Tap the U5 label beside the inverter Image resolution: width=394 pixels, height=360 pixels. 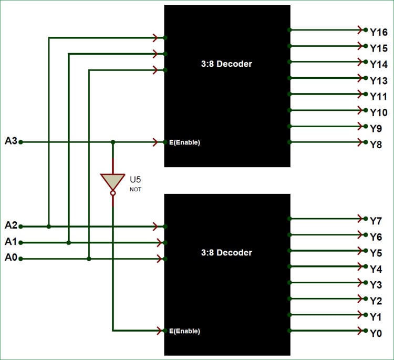[x=136, y=179]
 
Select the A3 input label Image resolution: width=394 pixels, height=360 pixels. [x=11, y=141]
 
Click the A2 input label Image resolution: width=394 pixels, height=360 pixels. [x=11, y=225]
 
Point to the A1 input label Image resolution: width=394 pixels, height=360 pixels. [x=11, y=242]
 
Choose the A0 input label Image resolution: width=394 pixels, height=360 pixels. [x=11, y=258]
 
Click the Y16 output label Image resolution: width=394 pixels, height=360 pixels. [x=378, y=33]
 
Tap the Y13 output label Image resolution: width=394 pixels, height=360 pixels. [x=378, y=80]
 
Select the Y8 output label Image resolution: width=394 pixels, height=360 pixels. [x=376, y=145]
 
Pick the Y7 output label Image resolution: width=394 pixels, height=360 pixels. [x=376, y=221]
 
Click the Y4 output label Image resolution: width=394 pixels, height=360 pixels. [x=376, y=269]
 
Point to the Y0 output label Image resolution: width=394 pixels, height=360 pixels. [x=376, y=333]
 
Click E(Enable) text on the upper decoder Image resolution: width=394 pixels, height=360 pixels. [x=184, y=142]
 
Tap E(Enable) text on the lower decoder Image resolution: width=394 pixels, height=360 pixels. [x=184, y=331]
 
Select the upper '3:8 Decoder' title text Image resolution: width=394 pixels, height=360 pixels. [x=226, y=64]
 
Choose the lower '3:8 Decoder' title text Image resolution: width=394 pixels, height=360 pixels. [x=226, y=253]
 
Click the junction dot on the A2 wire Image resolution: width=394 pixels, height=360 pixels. [x=49, y=227]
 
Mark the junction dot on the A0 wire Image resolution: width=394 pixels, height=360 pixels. [x=89, y=259]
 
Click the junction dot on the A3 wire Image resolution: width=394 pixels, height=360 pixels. [x=112, y=142]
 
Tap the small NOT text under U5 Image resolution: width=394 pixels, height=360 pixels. [x=136, y=189]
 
